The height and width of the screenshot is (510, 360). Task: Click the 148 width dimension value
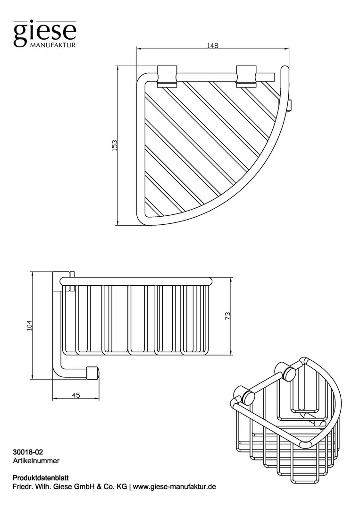click(213, 45)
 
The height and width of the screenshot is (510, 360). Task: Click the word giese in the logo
click(44, 32)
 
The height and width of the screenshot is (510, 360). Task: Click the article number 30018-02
click(28, 452)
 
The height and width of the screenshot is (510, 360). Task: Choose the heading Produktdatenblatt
click(40, 478)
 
